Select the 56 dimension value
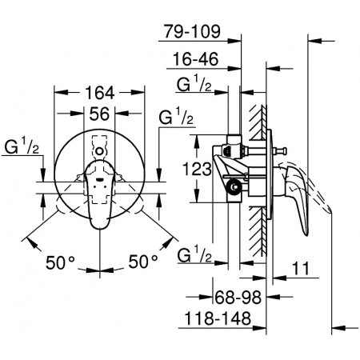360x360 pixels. [x=98, y=114]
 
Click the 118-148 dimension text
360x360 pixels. [x=215, y=319]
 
